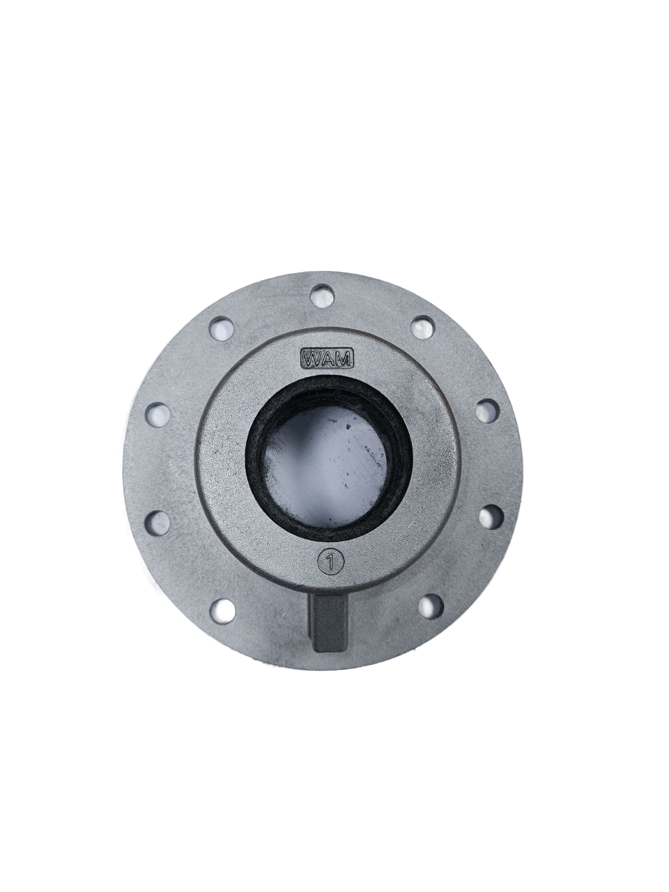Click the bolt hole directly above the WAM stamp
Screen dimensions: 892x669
[322, 295]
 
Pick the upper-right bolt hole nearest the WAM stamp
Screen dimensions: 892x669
[423, 327]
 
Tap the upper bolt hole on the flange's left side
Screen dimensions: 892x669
[158, 415]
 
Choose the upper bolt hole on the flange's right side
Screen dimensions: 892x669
[489, 412]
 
